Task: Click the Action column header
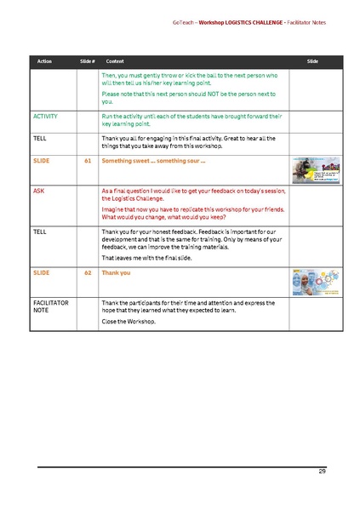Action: click(x=44, y=62)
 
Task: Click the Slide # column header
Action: click(x=86, y=62)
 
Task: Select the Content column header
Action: click(x=113, y=62)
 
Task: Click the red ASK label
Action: click(x=38, y=192)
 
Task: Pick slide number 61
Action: click(x=88, y=160)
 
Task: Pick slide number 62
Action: click(x=88, y=273)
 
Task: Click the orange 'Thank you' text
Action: click(x=116, y=273)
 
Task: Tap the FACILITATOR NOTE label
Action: click(x=51, y=306)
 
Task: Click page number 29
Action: click(x=323, y=471)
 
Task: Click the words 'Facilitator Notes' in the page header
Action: click(x=301, y=22)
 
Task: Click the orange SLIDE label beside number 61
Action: click(x=40, y=160)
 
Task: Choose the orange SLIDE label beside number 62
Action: click(x=40, y=273)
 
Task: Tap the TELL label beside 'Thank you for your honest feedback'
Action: click(x=39, y=231)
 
